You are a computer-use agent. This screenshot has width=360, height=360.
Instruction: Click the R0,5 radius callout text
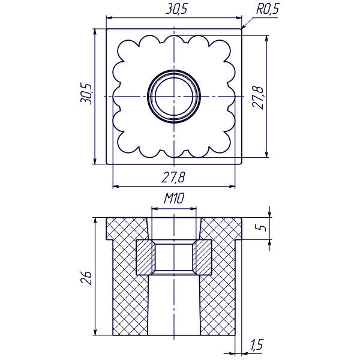coord(268,9)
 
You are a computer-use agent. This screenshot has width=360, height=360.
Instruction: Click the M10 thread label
coord(174,199)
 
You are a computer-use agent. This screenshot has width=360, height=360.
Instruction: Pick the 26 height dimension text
coord(86,278)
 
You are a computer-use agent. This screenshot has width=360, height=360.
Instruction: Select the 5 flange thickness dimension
coord(260,227)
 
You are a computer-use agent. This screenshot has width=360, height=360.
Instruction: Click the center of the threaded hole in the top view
coord(174,97)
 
